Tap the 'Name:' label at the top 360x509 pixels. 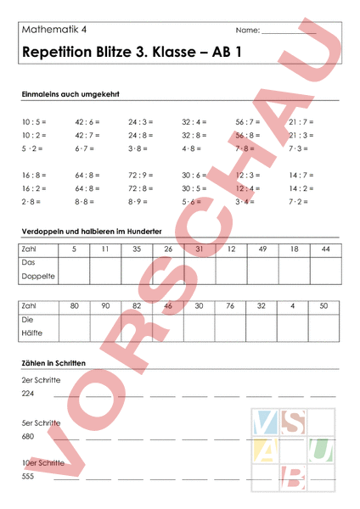248,30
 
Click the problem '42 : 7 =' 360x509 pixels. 87,135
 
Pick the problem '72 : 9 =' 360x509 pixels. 141,176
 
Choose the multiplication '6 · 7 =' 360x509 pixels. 84,148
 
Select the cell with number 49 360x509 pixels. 262,249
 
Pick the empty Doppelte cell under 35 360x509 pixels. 137,271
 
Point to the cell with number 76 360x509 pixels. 230,305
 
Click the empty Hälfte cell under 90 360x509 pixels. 105,327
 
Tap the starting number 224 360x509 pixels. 29,394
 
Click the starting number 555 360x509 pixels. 29,477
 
